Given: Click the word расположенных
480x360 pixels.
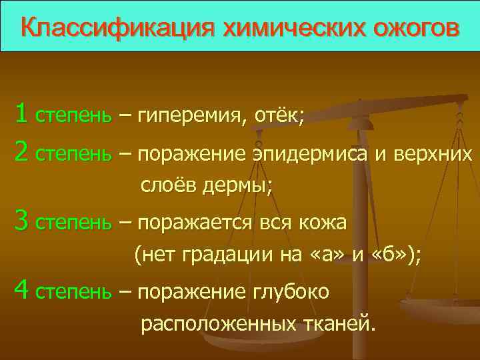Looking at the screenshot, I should point(219,324).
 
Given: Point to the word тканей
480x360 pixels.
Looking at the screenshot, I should point(339,324).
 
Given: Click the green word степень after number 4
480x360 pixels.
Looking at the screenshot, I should point(73,292).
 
